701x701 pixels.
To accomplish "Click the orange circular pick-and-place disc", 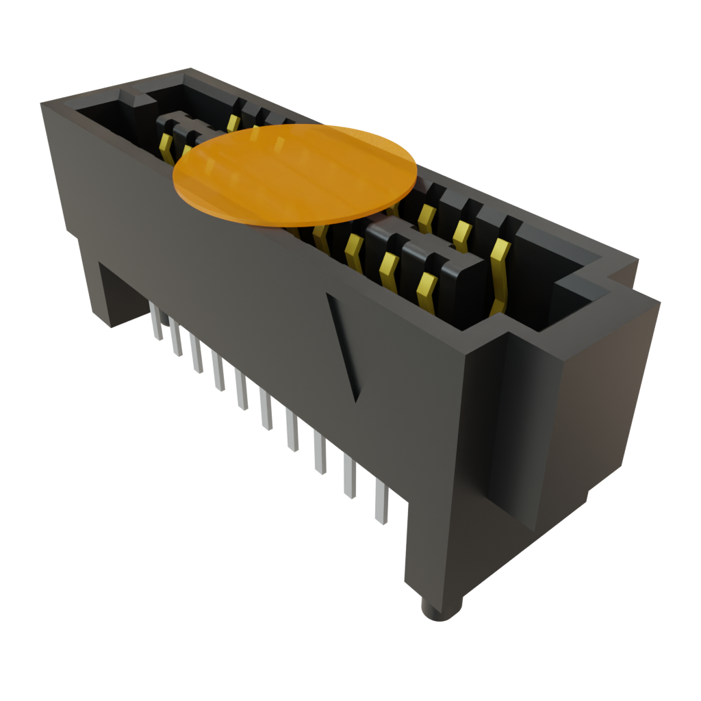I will [x=294, y=175].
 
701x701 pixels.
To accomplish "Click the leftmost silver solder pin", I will [x=157, y=322].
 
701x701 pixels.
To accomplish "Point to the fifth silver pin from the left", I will [x=241, y=390].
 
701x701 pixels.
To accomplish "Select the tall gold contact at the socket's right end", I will [x=499, y=274].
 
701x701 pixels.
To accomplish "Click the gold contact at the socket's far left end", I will [x=165, y=146].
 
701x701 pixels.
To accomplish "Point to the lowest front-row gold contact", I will [x=426, y=291].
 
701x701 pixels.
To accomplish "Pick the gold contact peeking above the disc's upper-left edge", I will [x=233, y=123].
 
